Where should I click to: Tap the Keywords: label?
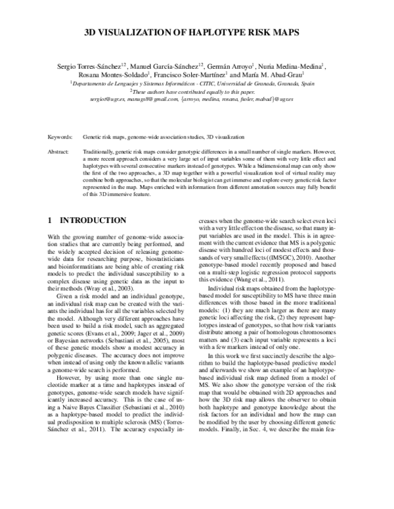click(x=60, y=138)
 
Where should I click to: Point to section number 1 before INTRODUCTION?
click(x=52, y=222)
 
